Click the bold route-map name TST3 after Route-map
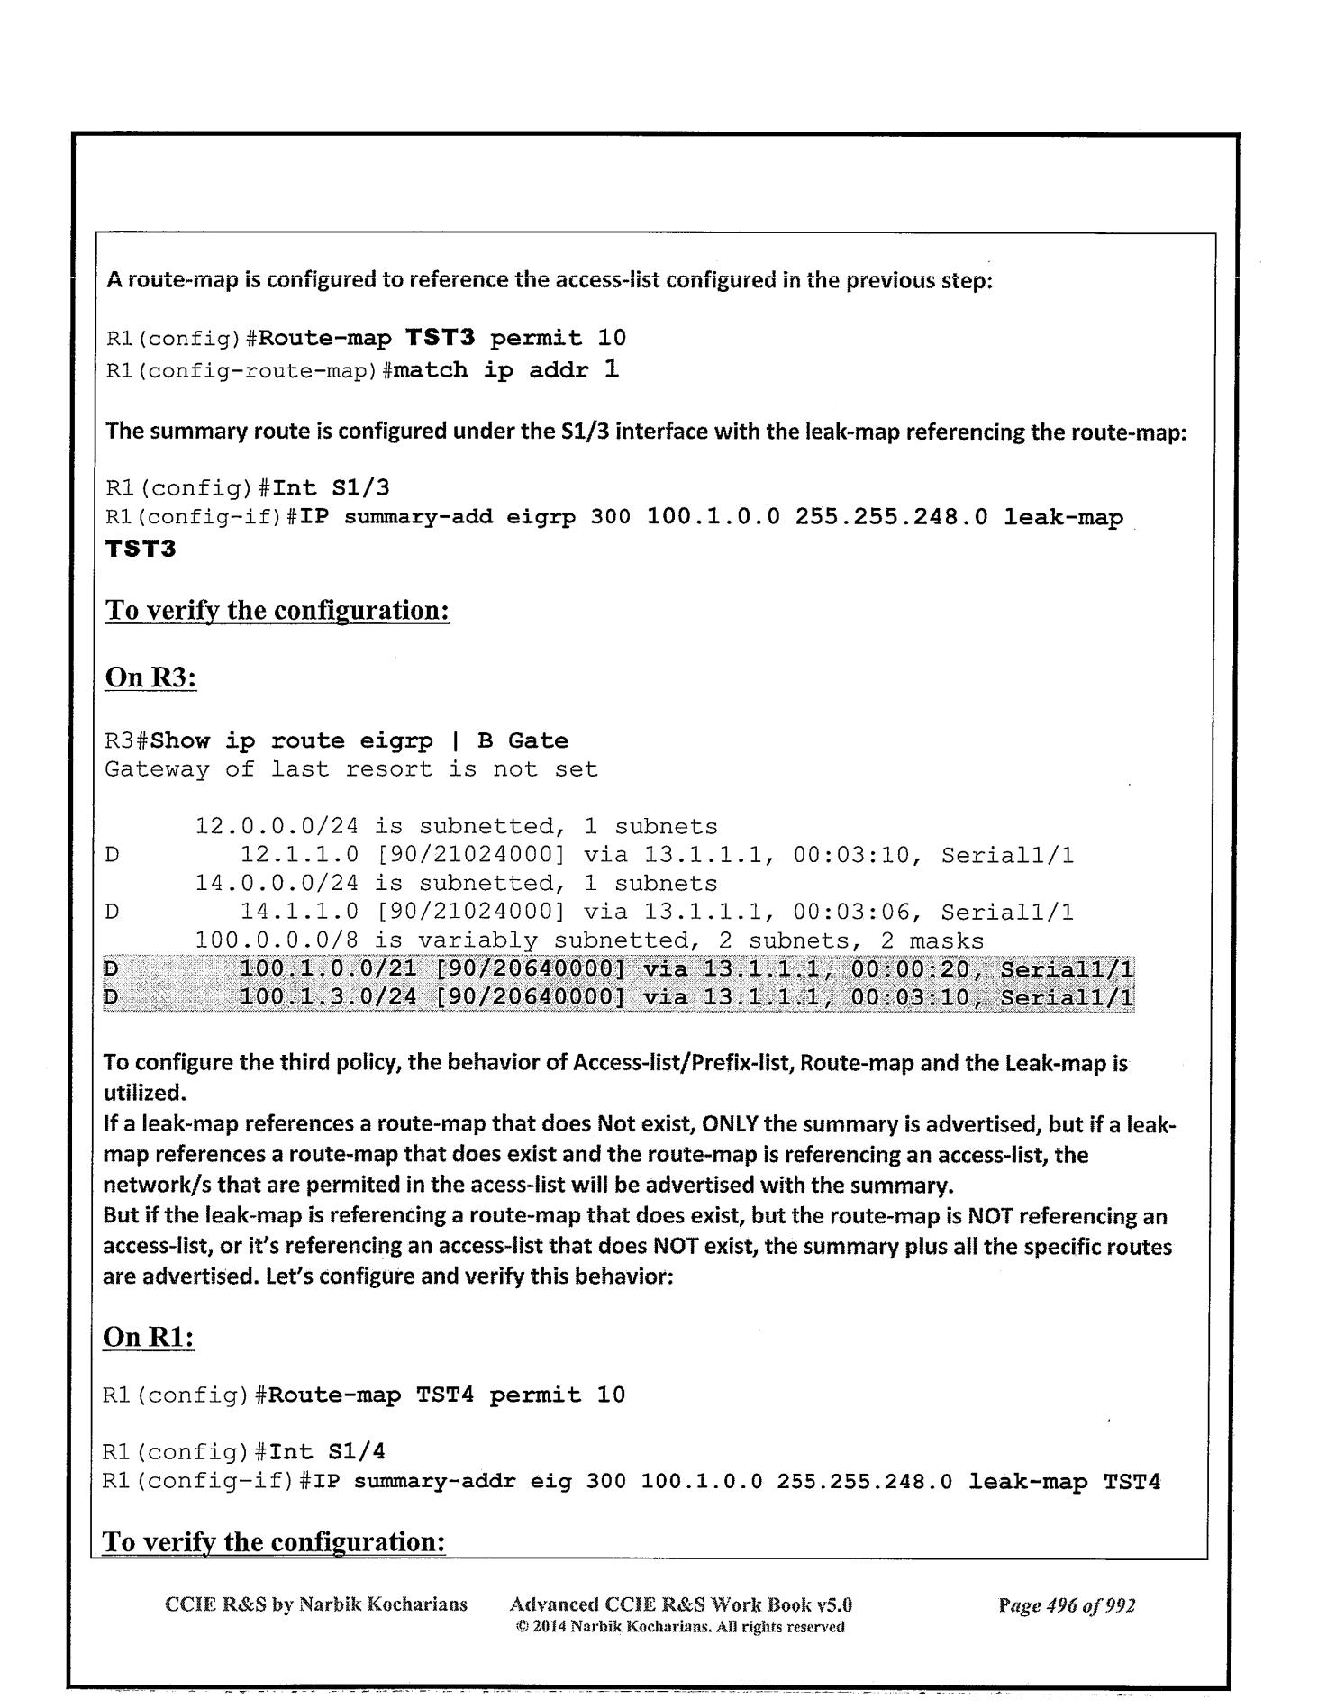pos(439,339)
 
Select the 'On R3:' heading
pos(151,677)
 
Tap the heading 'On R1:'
pos(150,1338)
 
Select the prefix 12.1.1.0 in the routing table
pos(296,855)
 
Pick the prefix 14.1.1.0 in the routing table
pos(296,913)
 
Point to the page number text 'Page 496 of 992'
pos(1067,1605)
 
